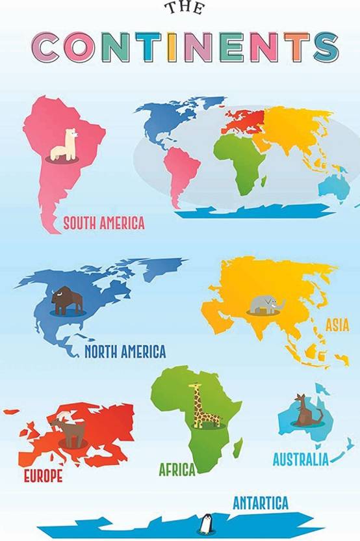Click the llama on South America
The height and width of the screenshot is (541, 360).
64,146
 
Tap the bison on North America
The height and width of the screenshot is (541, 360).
67,300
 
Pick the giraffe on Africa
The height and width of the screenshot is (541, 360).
201,407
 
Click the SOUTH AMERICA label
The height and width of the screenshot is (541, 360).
103,224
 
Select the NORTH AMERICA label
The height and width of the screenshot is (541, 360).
125,352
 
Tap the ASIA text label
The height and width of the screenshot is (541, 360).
337,323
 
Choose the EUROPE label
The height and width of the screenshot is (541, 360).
43,476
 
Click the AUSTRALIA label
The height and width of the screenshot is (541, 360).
300,460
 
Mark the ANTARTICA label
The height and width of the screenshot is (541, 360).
260,503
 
